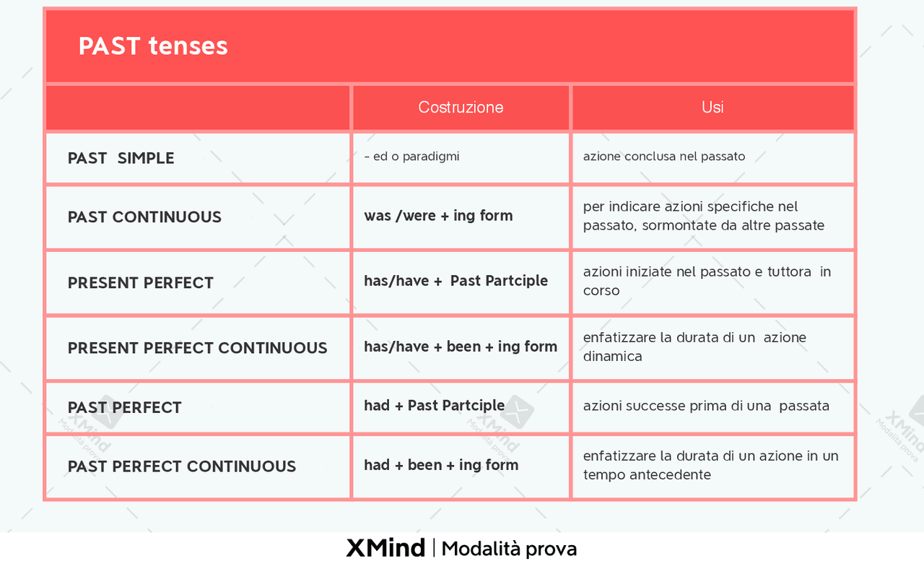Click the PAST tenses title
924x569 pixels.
tap(153, 45)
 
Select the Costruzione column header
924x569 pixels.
tap(461, 108)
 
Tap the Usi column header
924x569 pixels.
tap(712, 108)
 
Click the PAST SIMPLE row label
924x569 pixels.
tap(121, 158)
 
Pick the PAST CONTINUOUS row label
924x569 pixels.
tap(144, 217)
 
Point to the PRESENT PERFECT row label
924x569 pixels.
tap(140, 282)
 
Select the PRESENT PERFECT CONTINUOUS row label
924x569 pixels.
tap(197, 348)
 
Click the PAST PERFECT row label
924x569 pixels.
tap(124, 407)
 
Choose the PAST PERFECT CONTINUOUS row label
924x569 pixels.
tap(181, 466)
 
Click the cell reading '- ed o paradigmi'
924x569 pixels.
tap(411, 157)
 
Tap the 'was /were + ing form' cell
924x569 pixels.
tap(438, 216)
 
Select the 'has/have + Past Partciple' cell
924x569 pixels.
tap(456, 281)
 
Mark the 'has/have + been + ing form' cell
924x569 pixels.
tap(461, 347)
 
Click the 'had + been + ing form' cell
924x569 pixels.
tap(441, 465)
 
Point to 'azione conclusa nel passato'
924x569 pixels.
tap(664, 157)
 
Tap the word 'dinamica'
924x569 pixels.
tap(613, 357)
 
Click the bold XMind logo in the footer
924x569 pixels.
tap(385, 548)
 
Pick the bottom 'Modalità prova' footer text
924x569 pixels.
tap(509, 550)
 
